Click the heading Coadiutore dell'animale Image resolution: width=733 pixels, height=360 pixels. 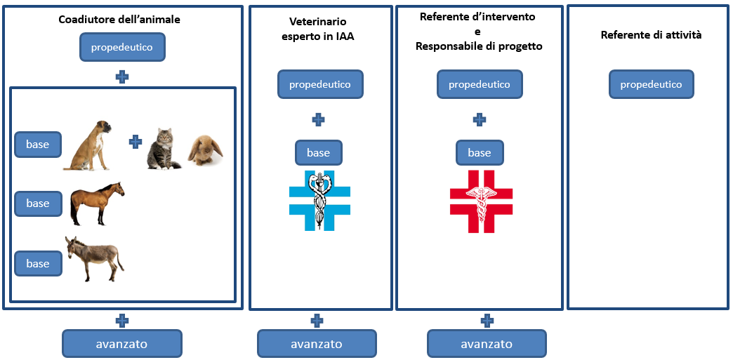(x=119, y=20)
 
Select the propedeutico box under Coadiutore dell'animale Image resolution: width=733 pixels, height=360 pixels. (x=122, y=48)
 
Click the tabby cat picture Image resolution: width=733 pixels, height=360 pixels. (x=163, y=148)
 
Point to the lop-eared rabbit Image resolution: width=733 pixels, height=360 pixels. (x=205, y=150)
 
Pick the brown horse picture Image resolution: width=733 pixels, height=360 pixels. (x=97, y=204)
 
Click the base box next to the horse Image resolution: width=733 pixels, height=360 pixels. (x=38, y=204)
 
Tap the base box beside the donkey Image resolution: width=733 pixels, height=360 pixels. (x=38, y=263)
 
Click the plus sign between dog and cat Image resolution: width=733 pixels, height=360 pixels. (x=136, y=142)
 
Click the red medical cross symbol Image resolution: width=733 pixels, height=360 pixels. (x=481, y=201)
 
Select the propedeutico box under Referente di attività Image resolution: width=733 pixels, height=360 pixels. (x=651, y=84)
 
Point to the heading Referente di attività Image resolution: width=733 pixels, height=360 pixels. (x=651, y=34)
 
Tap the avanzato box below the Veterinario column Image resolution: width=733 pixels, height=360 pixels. (x=317, y=344)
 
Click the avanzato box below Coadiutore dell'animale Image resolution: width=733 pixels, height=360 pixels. (x=122, y=344)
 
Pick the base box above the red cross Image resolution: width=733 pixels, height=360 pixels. (x=480, y=152)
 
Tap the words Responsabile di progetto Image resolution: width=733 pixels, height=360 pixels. (x=479, y=46)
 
